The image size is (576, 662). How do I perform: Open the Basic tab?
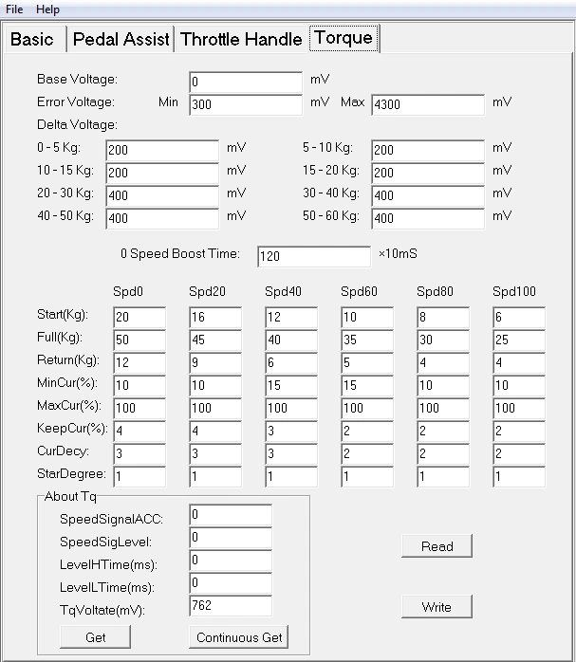point(32,39)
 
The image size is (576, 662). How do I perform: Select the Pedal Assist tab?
point(121,39)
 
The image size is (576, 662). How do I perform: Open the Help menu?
point(47,9)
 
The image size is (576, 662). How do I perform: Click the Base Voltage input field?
point(245,82)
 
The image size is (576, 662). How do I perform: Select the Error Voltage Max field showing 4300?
point(427,104)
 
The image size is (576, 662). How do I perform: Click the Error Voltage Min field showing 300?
point(245,104)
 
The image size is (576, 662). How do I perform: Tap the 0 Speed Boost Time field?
point(313,257)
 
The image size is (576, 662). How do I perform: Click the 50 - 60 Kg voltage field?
point(427,218)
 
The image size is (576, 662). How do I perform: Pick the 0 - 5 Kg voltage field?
point(161,150)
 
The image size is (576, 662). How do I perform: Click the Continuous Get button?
point(239,637)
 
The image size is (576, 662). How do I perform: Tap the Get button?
point(95,637)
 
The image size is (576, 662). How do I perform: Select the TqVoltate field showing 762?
point(230,605)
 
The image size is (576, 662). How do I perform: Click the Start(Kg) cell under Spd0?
point(139,318)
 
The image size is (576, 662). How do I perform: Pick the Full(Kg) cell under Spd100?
point(518,340)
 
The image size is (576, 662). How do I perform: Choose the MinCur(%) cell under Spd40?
point(290,386)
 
